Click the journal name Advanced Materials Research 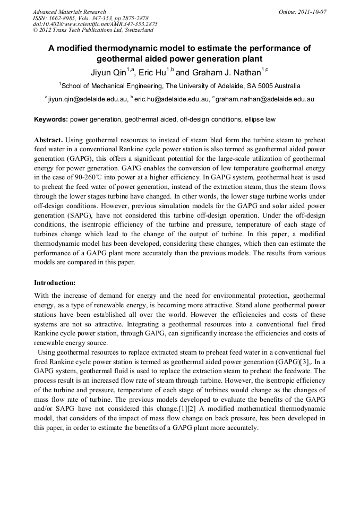[x=69, y=12]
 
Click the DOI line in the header [x=95, y=24]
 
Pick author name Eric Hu [x=153, y=72]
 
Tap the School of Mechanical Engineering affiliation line [x=180, y=85]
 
